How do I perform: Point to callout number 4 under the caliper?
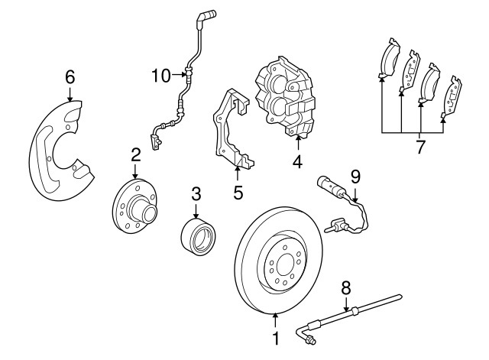coord(297,162)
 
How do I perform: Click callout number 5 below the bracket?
coord(238,193)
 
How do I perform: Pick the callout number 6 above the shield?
coord(70,76)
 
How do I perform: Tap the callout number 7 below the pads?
coord(419,148)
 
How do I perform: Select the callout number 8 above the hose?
coord(345,288)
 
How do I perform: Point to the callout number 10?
coord(160,74)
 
